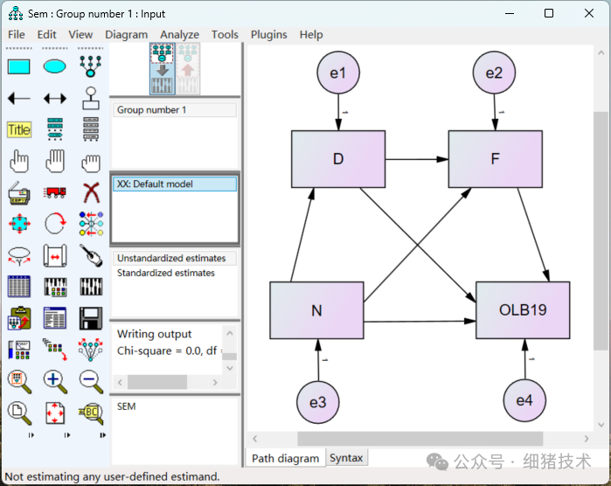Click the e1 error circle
coord(337,73)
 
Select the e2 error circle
coord(495,73)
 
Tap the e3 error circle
coord(317,402)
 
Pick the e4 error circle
coord(524,400)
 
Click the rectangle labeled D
coord(337,159)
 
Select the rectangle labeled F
coord(495,159)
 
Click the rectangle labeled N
coord(316,310)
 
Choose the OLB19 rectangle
coord(523,310)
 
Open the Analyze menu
coord(180,35)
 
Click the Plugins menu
coord(268,35)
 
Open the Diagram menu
coord(127,35)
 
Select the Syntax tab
coord(346,458)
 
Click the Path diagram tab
coord(285,458)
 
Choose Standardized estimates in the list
coord(166,273)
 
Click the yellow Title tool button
coord(18,130)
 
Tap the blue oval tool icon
coord(54,66)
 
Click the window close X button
coord(588,13)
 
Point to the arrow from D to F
coord(416,159)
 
